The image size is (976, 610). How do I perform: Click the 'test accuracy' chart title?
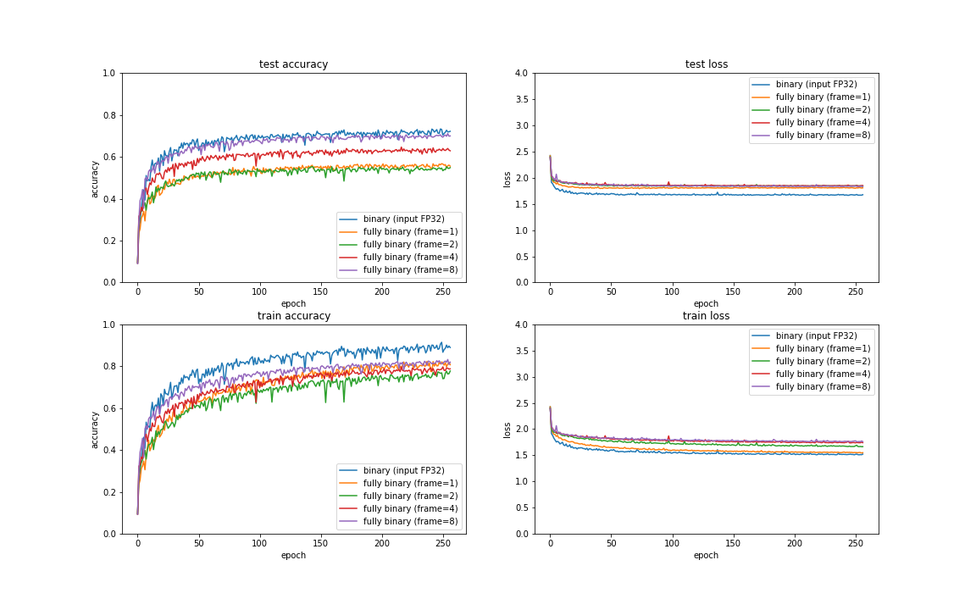(x=293, y=64)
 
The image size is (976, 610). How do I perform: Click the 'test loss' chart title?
(x=706, y=64)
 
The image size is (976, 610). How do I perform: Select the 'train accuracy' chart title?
(x=293, y=316)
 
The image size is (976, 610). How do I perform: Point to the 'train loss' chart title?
(x=706, y=316)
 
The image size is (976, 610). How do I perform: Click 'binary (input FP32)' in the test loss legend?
(x=816, y=84)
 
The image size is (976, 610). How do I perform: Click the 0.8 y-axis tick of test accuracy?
(x=109, y=115)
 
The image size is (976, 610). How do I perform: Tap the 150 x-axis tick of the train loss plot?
(x=734, y=544)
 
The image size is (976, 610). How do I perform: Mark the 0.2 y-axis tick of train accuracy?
(x=109, y=492)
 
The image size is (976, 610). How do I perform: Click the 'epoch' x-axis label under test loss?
(x=706, y=303)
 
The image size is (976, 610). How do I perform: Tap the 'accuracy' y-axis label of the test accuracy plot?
(x=95, y=178)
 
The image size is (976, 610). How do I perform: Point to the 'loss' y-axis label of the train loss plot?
(x=507, y=430)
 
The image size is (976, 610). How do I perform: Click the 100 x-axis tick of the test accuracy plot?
(x=260, y=292)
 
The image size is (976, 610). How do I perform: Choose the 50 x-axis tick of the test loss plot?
(x=612, y=292)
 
